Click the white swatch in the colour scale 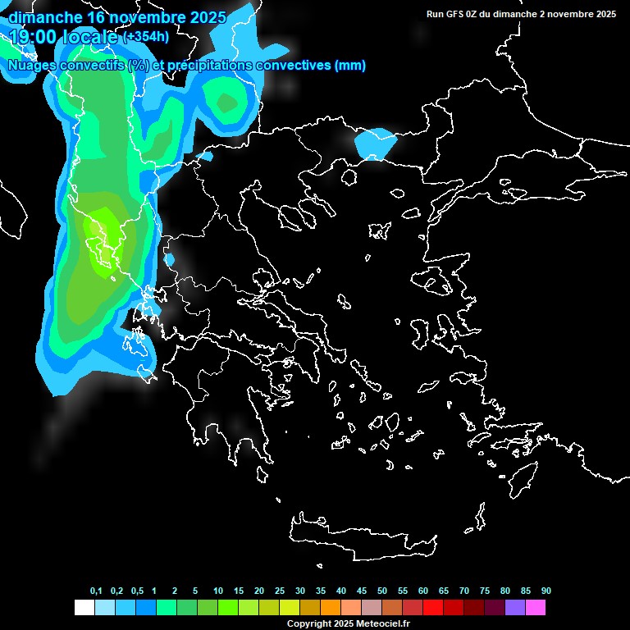coord(84,608)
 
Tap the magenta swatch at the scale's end coord(536,608)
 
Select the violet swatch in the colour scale coord(515,608)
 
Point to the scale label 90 coord(546,591)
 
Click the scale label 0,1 coord(96,591)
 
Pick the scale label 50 coord(382,591)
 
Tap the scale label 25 coord(280,591)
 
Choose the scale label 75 coord(485,591)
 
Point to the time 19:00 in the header coord(34,37)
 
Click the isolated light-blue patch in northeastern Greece coord(375,144)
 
